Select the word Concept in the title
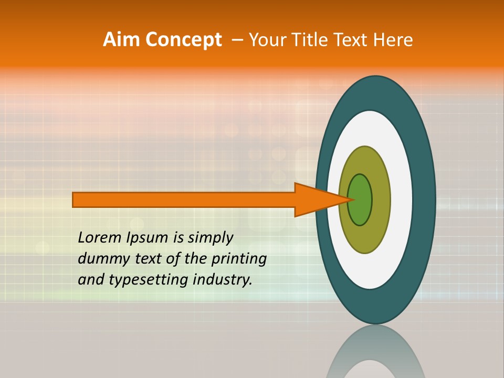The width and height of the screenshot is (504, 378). click(x=184, y=40)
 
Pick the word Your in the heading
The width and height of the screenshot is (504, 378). click(x=268, y=40)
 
